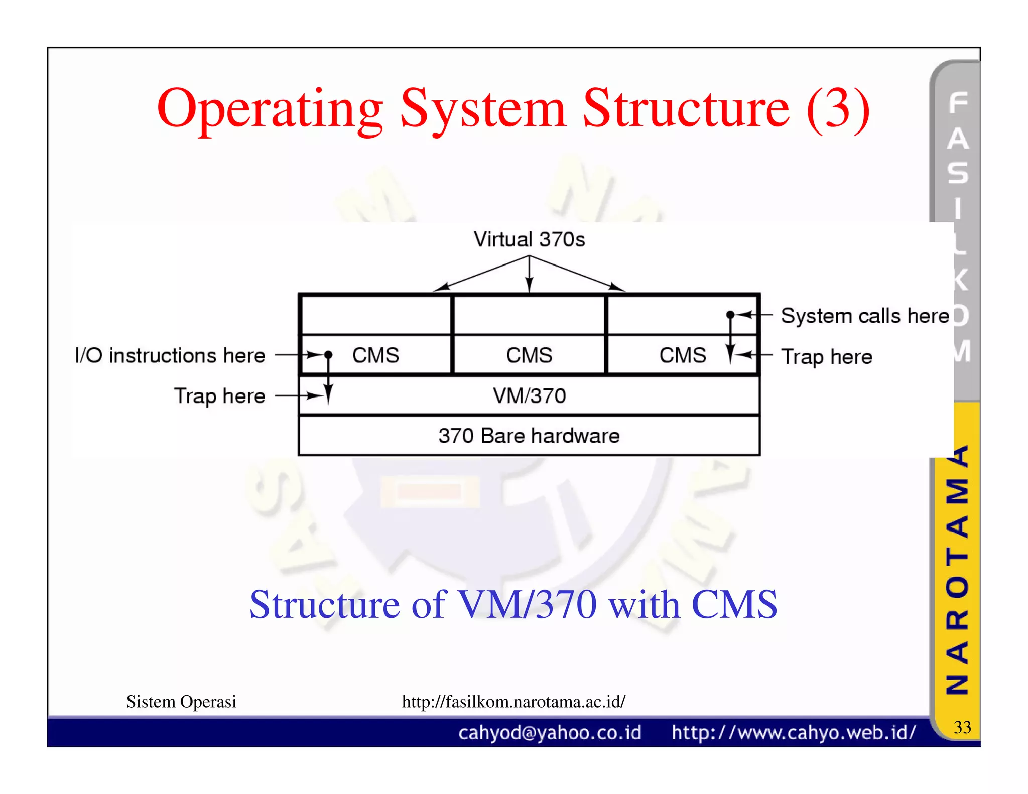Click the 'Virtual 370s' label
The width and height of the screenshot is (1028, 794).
pyautogui.click(x=529, y=239)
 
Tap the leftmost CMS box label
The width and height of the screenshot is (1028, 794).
pyautogui.click(x=375, y=355)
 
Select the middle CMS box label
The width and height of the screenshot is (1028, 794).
pyautogui.click(x=529, y=355)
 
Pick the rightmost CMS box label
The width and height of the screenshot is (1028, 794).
pyautogui.click(x=682, y=355)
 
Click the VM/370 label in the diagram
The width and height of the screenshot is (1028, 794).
pyautogui.click(x=529, y=396)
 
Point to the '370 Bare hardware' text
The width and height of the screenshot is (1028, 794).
pyautogui.click(x=529, y=436)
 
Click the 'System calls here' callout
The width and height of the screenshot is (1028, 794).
pyautogui.click(x=865, y=316)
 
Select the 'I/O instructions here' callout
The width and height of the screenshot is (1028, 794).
pyautogui.click(x=170, y=355)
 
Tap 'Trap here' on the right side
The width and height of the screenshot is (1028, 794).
pyautogui.click(x=826, y=357)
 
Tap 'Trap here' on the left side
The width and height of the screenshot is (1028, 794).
pyautogui.click(x=219, y=396)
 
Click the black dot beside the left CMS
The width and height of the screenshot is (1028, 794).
pyautogui.click(x=328, y=355)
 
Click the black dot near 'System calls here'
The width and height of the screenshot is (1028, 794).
pyautogui.click(x=730, y=315)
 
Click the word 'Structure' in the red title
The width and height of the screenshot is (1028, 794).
pyautogui.click(x=686, y=109)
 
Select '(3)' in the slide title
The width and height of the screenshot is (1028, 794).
pyautogui.click(x=838, y=109)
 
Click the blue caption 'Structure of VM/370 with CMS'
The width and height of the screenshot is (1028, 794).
pyautogui.click(x=513, y=604)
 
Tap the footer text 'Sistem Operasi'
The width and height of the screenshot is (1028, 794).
pyautogui.click(x=181, y=701)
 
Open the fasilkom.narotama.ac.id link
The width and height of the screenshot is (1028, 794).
pyautogui.click(x=513, y=701)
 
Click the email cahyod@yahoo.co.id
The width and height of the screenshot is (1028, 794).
pyautogui.click(x=550, y=733)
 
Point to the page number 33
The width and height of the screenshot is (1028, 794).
pyautogui.click(x=962, y=727)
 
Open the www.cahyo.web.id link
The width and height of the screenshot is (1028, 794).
pyautogui.click(x=794, y=733)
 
